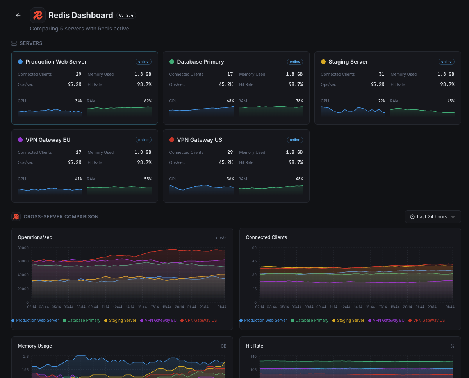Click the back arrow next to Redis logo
point(18,15)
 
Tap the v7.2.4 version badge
point(126,16)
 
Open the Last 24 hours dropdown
point(433,217)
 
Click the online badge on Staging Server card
point(446,62)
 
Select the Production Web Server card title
point(56,62)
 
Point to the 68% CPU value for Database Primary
point(230,101)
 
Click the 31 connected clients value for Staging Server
point(381,74)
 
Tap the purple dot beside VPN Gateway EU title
point(20,140)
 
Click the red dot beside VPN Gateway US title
point(172,140)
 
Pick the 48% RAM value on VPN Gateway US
point(299,179)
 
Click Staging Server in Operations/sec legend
point(122,320)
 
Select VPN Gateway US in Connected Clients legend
point(428,320)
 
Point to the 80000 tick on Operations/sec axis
point(23,248)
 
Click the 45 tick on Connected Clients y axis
point(254,261)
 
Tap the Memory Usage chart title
point(35,346)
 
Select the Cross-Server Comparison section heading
point(61,217)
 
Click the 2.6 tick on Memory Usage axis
point(26,357)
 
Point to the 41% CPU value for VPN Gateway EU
point(78,179)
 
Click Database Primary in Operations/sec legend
point(84,320)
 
